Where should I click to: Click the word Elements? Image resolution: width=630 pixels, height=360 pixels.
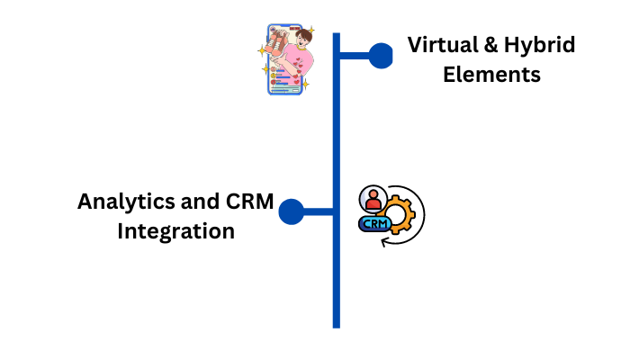[491, 75]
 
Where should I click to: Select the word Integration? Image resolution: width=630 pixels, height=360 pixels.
[176, 231]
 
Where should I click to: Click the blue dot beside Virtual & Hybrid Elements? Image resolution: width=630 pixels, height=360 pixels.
[381, 56]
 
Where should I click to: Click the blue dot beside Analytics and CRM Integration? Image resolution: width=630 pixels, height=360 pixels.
[291, 212]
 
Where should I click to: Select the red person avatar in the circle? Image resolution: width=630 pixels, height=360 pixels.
[373, 198]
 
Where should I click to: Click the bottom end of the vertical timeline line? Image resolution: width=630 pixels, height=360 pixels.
[336, 324]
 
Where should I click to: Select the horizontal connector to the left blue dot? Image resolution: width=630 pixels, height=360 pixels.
[317, 212]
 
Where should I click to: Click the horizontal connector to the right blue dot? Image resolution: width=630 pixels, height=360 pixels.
[355, 56]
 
